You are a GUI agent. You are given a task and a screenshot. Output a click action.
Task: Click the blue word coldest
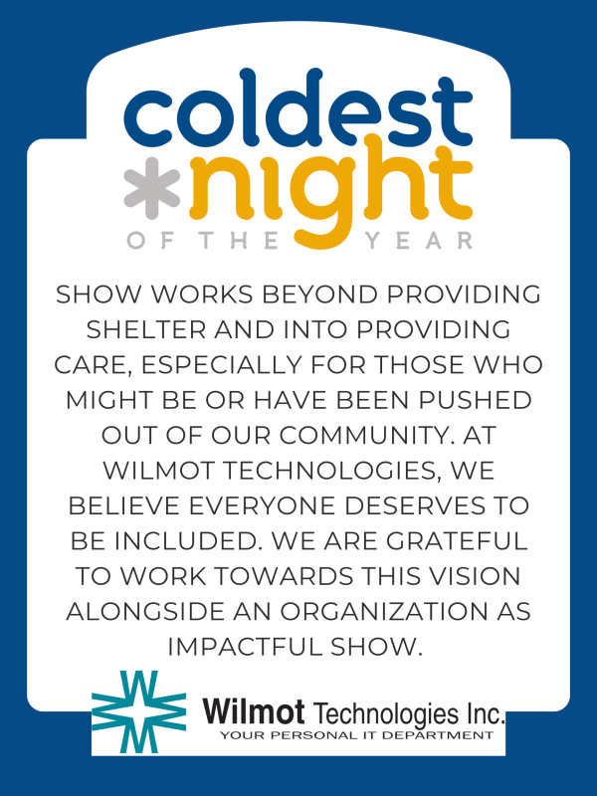[x=298, y=107]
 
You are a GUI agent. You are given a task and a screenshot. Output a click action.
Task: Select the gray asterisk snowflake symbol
[x=152, y=188]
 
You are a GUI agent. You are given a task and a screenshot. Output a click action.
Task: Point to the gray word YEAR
[x=419, y=240]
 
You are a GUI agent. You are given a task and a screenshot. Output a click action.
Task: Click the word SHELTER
[x=146, y=330]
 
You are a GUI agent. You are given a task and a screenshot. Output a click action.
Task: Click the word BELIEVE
[x=123, y=506]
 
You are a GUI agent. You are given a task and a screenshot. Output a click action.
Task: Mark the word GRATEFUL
[x=457, y=541]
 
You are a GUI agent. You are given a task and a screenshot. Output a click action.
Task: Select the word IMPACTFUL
[x=247, y=647]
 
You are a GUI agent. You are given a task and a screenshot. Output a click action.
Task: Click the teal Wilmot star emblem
[x=138, y=711]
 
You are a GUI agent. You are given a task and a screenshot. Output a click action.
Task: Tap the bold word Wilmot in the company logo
[x=254, y=710]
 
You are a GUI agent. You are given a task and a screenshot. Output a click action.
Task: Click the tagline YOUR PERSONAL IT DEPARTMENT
[x=356, y=735]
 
